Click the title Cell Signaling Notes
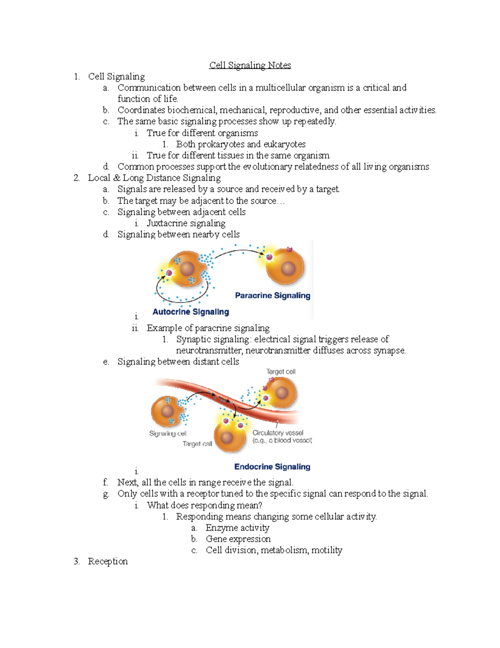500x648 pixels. (x=250, y=65)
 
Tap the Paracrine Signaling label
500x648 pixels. (x=272, y=295)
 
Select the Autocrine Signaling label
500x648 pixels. (x=190, y=312)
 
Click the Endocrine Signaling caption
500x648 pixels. (x=272, y=466)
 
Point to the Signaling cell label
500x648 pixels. (x=168, y=434)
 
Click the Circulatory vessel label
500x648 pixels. (x=278, y=433)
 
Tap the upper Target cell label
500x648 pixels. (x=281, y=371)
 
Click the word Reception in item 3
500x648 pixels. (x=107, y=561)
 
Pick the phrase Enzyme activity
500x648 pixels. (x=237, y=528)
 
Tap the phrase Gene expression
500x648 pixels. (x=238, y=539)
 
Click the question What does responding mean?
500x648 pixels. (x=205, y=505)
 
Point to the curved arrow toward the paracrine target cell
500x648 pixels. (x=239, y=252)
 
